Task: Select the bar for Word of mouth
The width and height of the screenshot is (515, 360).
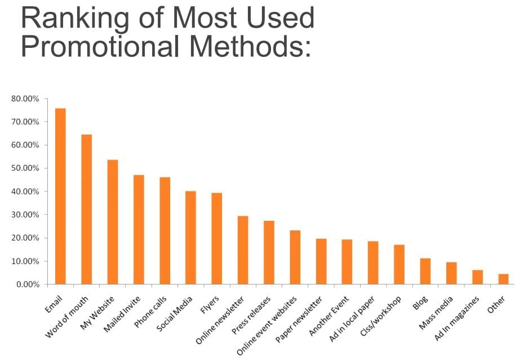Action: click(x=86, y=209)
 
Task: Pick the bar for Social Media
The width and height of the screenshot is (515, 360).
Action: click(x=190, y=238)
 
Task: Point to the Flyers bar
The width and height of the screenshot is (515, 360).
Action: click(x=217, y=238)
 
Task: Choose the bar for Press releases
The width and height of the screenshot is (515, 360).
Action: click(x=269, y=252)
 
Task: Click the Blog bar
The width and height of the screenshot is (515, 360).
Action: click(x=425, y=271)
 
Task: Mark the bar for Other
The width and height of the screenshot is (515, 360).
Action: click(x=503, y=279)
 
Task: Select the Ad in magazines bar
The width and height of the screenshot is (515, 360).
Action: click(x=477, y=277)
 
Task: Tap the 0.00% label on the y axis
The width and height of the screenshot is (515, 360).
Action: click(x=27, y=285)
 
